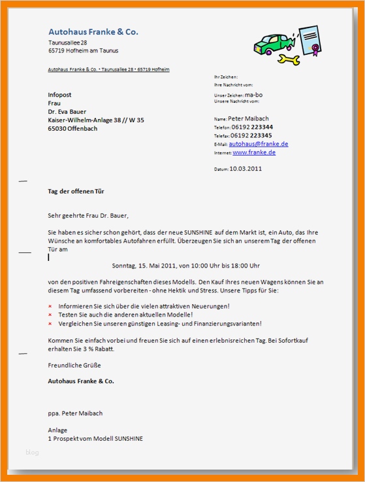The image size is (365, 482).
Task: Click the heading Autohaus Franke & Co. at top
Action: tap(93, 31)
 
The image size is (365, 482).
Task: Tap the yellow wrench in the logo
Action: tap(289, 60)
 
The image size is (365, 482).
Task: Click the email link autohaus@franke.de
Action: tap(259, 143)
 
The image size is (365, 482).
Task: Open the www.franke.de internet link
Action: tap(254, 152)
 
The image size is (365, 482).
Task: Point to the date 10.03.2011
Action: tap(246, 168)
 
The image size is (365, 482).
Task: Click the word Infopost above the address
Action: tap(60, 95)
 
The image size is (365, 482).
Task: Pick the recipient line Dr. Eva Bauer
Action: tap(67, 112)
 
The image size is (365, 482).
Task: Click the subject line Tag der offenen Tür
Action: tap(76, 192)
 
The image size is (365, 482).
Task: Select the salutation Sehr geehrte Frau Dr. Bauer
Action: tap(89, 215)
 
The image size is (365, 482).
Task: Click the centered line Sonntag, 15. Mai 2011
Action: tap(186, 266)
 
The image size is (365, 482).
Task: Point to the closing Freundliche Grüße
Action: tap(74, 365)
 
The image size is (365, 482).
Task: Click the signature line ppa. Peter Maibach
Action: tap(75, 413)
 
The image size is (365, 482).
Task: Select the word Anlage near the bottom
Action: tap(57, 430)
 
